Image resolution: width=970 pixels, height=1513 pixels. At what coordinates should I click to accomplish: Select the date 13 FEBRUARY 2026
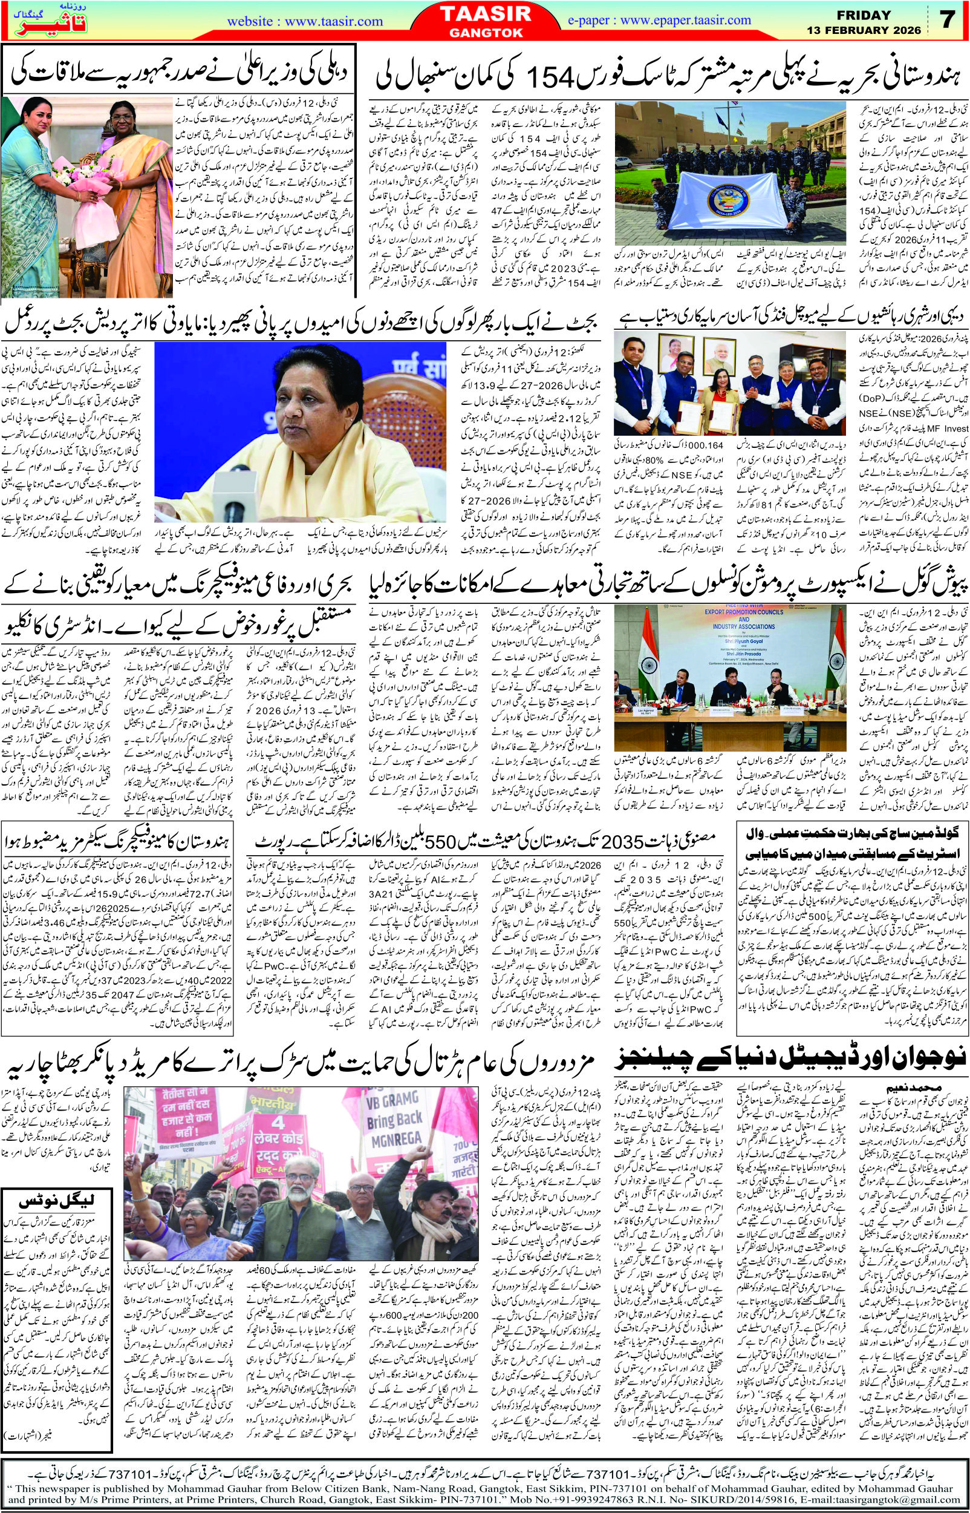coord(864,30)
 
